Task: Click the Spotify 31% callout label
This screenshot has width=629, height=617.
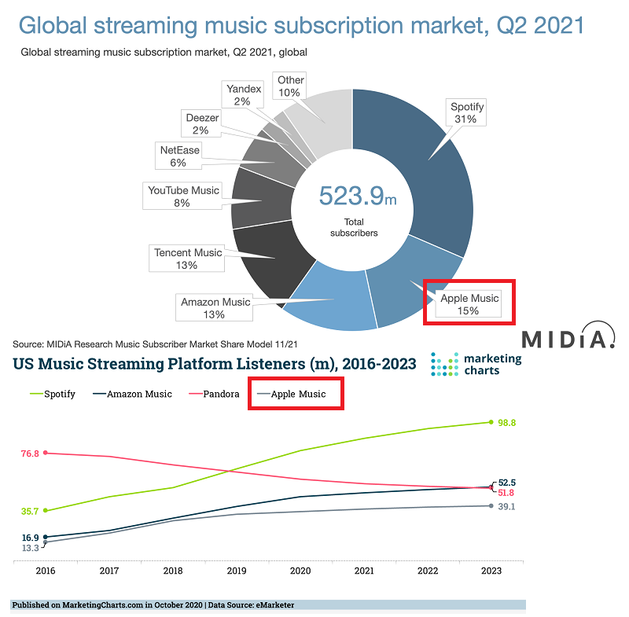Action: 466,112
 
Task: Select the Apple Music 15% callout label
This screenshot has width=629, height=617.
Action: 469,304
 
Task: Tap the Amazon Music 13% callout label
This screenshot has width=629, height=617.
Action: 214,307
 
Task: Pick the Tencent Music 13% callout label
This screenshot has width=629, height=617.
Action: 187,258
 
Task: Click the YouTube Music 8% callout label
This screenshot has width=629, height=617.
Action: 182,196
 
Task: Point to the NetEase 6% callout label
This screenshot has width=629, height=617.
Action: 179,156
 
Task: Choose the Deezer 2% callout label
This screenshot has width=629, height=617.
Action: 201,123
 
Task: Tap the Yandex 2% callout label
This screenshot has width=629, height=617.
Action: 243,94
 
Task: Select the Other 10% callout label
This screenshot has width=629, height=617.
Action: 289,86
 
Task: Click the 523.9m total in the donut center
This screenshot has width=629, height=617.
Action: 358,196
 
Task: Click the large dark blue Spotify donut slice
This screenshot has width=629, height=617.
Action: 433,168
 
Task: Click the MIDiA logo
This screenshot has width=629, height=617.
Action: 568,336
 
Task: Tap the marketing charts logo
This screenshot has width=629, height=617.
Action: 476,364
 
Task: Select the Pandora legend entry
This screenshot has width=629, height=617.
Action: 214,394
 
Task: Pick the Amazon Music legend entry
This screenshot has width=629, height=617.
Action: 132,394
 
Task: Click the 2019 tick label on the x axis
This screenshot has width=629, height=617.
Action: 237,571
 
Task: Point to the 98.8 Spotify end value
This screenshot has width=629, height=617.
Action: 506,423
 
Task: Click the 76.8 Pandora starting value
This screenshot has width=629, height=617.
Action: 30,454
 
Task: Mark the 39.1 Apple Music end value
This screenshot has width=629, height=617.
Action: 506,506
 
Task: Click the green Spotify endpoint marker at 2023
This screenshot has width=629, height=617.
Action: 491,422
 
